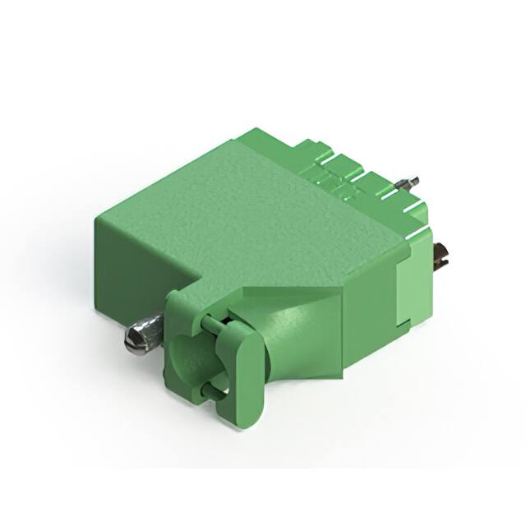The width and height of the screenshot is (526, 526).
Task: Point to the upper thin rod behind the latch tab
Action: pyautogui.click(x=215, y=324)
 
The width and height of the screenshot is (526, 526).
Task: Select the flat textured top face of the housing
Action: pyautogui.click(x=247, y=205)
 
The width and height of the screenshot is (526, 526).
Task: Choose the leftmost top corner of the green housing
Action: pyautogui.click(x=96, y=215)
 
